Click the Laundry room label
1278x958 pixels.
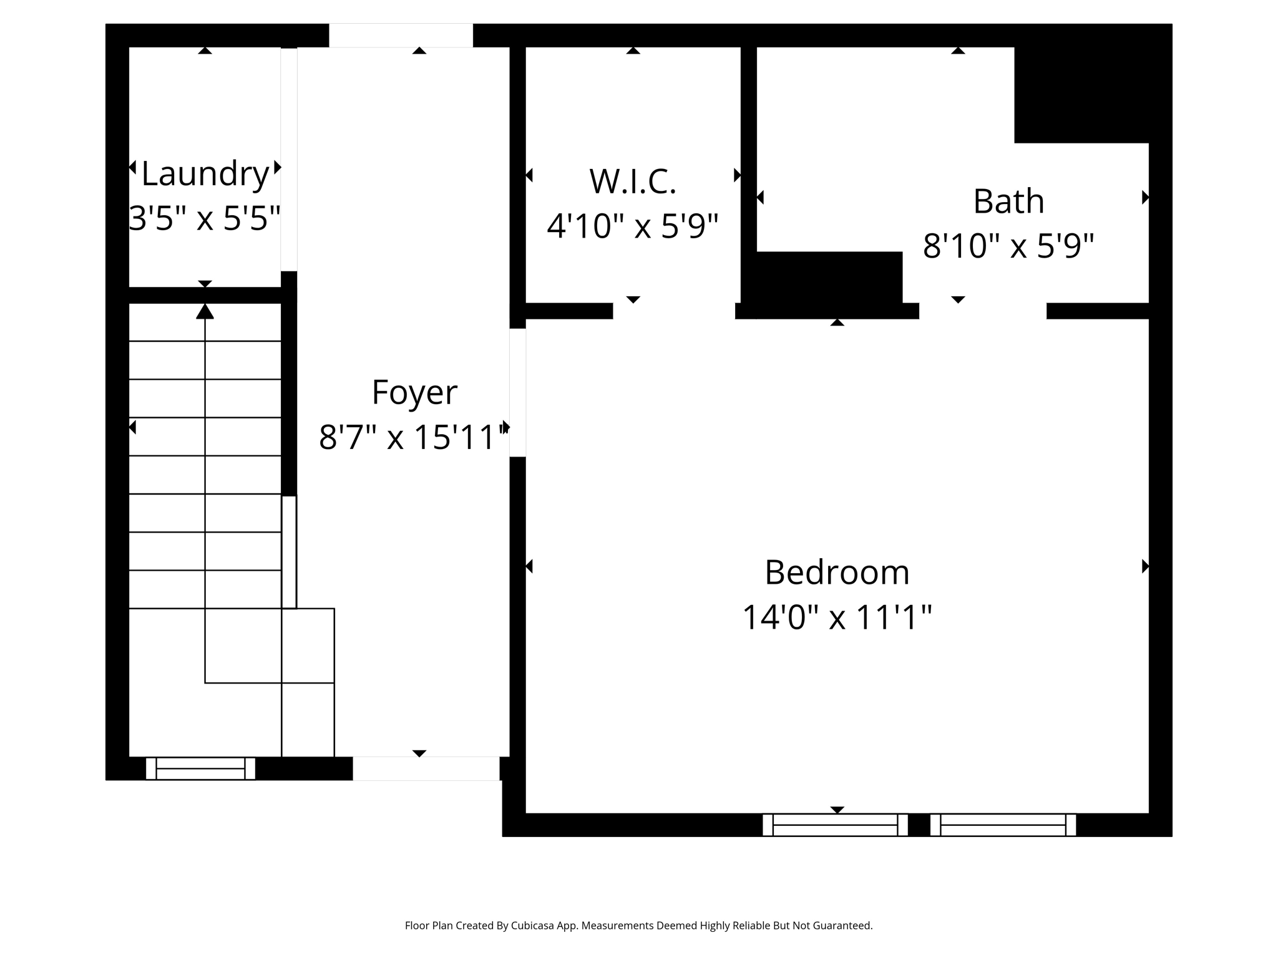coord(205,174)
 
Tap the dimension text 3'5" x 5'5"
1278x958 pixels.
coord(205,218)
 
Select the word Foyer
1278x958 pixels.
coord(414,392)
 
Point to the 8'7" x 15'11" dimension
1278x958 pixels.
coord(414,437)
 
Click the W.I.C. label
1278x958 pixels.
coord(633,181)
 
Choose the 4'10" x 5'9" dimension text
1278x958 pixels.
coord(633,226)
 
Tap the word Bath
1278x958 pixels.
coord(1008,201)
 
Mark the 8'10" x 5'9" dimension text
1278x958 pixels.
coord(1008,246)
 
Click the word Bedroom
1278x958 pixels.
coord(837,573)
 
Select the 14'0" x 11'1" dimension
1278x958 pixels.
coord(837,617)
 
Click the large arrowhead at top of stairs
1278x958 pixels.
coord(205,311)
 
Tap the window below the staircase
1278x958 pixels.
coord(200,768)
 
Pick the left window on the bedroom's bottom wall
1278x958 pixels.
coord(835,825)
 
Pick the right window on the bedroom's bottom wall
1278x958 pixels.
coord(1003,825)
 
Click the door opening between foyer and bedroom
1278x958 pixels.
coord(517,392)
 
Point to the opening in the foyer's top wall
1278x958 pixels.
coord(401,36)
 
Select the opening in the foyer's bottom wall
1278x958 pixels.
coord(426,768)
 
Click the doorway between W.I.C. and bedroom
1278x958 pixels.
coord(674,311)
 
